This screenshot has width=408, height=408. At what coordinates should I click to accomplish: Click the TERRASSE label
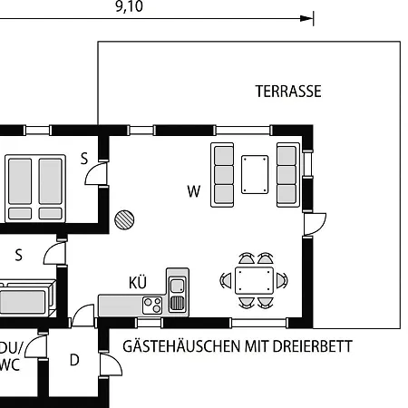(x=288, y=92)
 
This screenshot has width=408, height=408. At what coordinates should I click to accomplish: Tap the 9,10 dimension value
(x=129, y=7)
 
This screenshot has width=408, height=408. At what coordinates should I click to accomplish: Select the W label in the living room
(x=193, y=191)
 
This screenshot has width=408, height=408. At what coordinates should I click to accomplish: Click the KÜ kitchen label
(x=138, y=283)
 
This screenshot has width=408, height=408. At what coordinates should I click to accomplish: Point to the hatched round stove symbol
(x=124, y=219)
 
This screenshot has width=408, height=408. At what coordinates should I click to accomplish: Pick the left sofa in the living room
(x=223, y=174)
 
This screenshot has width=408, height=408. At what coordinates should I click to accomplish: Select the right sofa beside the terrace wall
(x=287, y=174)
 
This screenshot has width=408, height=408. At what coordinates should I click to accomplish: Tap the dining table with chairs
(x=254, y=280)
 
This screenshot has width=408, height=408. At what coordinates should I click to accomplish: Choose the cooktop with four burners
(x=152, y=306)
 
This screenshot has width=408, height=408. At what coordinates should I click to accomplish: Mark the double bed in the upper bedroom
(x=36, y=188)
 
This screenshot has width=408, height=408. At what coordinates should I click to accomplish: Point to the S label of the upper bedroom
(x=84, y=159)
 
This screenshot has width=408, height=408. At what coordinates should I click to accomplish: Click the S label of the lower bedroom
(x=18, y=255)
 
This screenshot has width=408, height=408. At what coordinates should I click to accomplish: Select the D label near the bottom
(x=74, y=360)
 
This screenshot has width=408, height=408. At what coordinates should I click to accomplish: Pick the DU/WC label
(x=9, y=356)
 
